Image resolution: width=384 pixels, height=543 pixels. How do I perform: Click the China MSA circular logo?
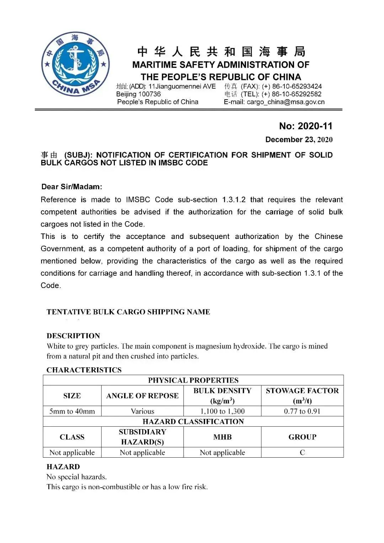[x=75, y=64]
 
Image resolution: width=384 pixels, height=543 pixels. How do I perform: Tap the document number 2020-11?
[x=315, y=126]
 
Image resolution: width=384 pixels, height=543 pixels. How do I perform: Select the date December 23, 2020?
[x=299, y=140]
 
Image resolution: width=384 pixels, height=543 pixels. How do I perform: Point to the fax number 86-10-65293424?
[x=297, y=86]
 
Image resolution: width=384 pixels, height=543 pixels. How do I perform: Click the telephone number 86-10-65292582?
[x=297, y=94]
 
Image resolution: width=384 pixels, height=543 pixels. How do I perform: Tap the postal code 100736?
[x=149, y=94]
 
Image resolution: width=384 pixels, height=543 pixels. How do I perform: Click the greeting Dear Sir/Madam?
[x=71, y=187]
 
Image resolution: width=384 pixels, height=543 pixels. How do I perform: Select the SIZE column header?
[x=72, y=396]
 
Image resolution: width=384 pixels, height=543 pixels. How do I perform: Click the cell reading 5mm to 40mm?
[x=72, y=411]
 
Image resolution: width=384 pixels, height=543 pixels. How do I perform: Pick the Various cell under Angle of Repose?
[x=142, y=411]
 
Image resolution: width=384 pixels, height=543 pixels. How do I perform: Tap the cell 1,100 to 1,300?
[x=223, y=411]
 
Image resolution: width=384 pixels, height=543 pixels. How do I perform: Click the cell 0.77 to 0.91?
[x=302, y=411]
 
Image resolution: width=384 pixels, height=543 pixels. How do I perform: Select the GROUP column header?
[x=302, y=437]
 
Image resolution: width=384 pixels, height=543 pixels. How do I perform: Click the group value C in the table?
[x=302, y=453]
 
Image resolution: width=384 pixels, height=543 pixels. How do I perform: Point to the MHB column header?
[x=223, y=437]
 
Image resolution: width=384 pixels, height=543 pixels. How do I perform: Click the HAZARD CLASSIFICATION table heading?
[x=193, y=422]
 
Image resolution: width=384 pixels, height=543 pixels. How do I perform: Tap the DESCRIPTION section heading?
[x=73, y=336]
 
